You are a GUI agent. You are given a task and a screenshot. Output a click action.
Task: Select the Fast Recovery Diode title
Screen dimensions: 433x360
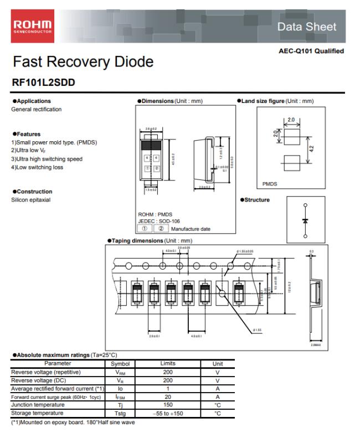coord(83,61)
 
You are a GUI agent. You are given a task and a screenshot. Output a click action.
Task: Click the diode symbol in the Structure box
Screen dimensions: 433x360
coord(304,221)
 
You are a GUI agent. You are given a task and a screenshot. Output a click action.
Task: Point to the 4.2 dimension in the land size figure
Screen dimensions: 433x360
coord(312,148)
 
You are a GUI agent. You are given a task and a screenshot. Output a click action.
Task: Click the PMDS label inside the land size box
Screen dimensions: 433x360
coord(270,183)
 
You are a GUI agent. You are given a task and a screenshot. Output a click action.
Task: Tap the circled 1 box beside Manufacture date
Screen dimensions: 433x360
coord(145,228)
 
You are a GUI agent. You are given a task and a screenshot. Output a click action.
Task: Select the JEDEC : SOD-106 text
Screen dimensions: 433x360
coord(159,221)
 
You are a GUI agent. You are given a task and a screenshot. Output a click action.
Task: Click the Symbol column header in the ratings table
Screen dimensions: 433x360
coord(120,363)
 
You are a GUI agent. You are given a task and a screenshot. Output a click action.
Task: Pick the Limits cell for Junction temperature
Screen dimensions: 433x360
coord(168,405)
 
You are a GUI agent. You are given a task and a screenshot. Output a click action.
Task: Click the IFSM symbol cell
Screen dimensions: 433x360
coord(120,396)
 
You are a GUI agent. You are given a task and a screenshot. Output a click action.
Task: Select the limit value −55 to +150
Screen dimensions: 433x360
coord(168,413)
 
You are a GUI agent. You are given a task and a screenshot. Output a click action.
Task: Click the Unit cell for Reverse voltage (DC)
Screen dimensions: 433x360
coord(218,380)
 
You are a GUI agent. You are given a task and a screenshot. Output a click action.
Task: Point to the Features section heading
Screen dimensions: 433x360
coord(27,134)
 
